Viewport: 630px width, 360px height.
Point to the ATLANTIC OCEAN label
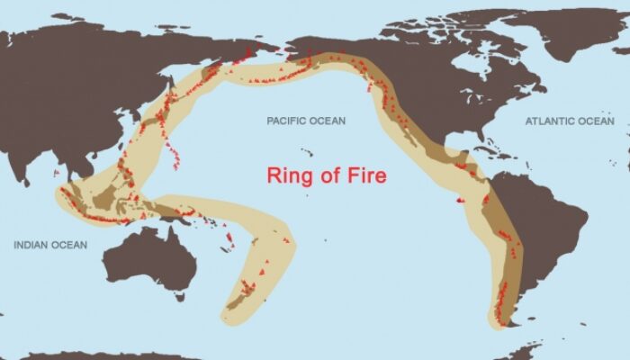tap(571, 121)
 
